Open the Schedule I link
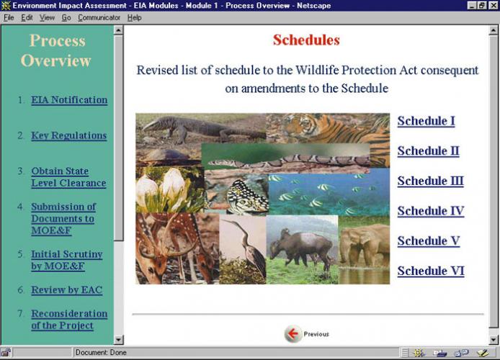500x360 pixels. [x=426, y=121]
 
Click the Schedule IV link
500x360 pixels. [x=431, y=211]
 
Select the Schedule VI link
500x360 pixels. [x=431, y=271]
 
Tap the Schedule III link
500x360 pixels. [x=430, y=181]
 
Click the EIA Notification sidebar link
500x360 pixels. [x=69, y=100]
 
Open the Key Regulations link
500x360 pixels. [x=69, y=135]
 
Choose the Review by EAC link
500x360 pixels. [x=67, y=290]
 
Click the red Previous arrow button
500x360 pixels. [x=293, y=334]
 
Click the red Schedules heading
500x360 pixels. [x=306, y=40]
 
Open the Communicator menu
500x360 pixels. [x=99, y=18]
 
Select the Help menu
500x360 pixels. [x=134, y=18]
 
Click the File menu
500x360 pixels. [x=9, y=18]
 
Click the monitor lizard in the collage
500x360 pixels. [x=201, y=128]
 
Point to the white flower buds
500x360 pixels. [x=161, y=189]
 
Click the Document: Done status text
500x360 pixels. [x=101, y=352]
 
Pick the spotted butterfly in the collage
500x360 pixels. [x=247, y=196]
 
